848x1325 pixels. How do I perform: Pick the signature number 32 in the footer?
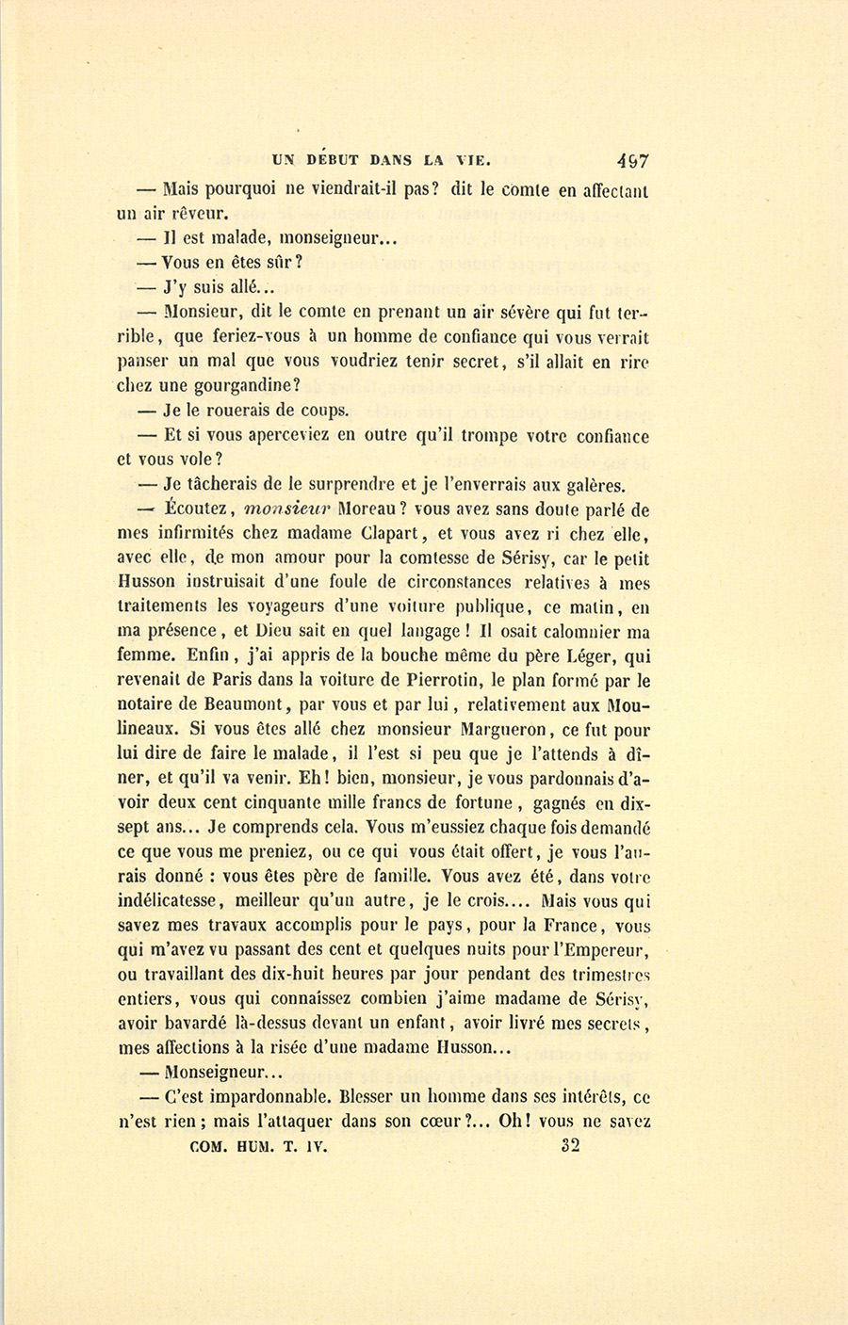tap(570, 1146)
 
